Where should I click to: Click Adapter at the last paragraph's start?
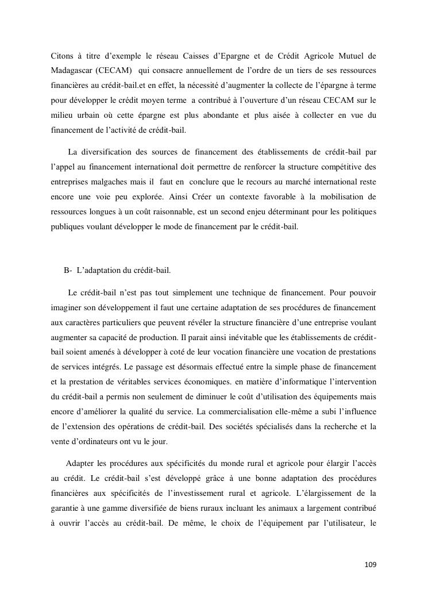point(81,463)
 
